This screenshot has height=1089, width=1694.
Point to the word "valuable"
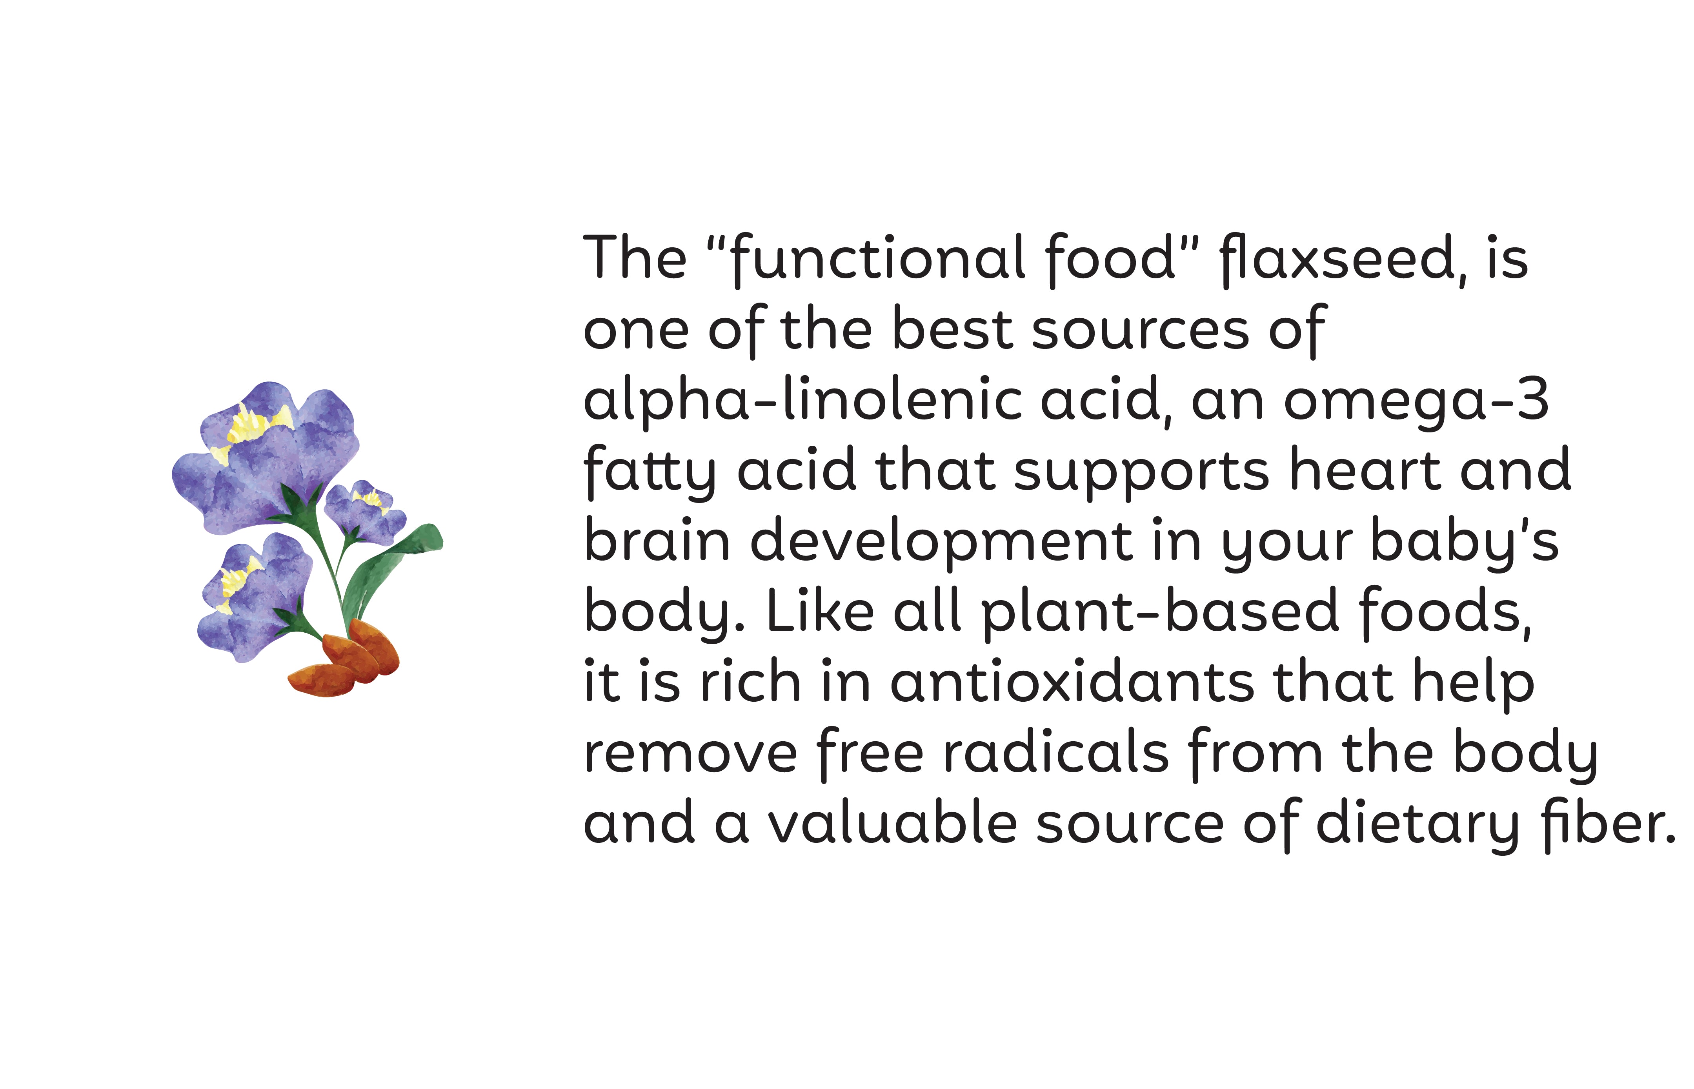click(x=893, y=823)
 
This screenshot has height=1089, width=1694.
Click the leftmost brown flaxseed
click(x=322, y=680)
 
